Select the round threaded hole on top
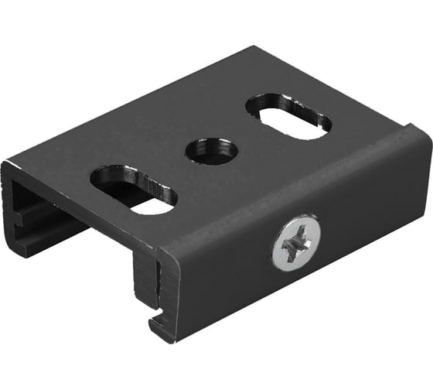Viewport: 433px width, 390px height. point(211,150)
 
